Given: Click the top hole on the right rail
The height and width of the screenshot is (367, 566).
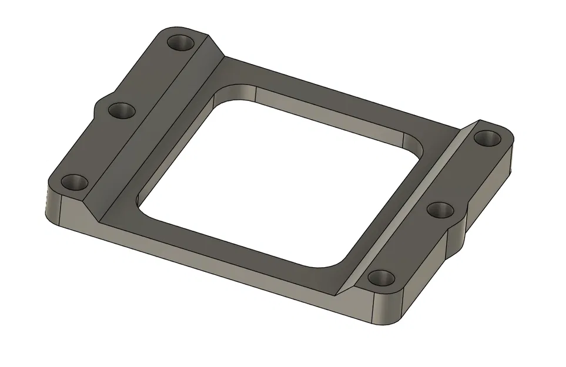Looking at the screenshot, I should pyautogui.click(x=486, y=139).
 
